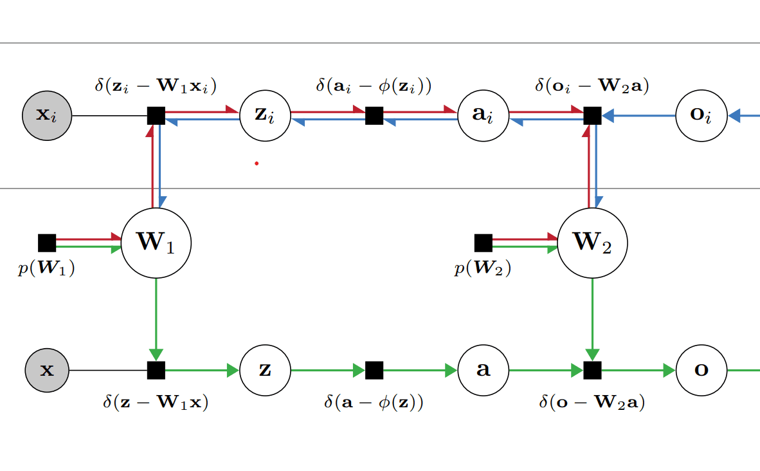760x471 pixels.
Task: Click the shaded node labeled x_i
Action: point(47,116)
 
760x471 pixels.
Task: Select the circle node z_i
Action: point(265,116)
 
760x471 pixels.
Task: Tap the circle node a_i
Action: point(483,116)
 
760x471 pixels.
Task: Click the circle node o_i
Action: point(701,116)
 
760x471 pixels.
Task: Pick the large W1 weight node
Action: point(156,243)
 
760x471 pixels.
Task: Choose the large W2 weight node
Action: point(592,243)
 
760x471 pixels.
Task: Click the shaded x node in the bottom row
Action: point(47,371)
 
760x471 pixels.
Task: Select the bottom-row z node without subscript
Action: point(265,371)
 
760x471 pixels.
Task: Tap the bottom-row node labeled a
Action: point(483,371)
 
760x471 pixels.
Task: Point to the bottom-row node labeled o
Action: point(701,371)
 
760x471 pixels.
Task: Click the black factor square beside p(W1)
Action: point(47,243)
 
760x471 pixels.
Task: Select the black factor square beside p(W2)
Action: point(483,243)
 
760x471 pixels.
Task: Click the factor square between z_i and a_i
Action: point(374,116)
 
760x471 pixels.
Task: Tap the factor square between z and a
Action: point(374,371)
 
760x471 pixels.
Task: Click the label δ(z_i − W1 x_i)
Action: point(156,86)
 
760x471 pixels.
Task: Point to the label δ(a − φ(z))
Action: point(374,403)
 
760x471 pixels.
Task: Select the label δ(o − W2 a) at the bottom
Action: point(592,403)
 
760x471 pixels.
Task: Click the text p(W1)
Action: point(46,269)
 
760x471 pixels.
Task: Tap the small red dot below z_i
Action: point(257,163)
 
